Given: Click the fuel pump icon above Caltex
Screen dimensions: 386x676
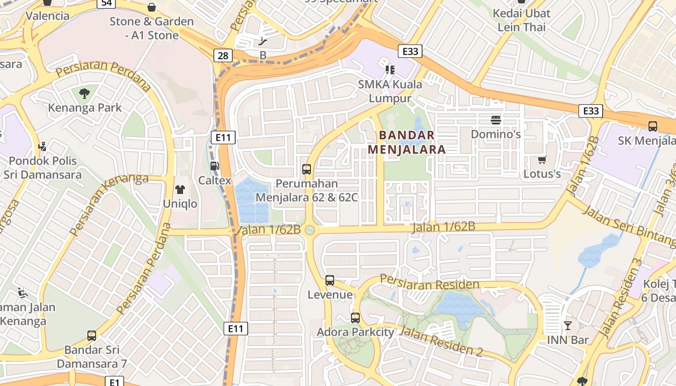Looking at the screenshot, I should pos(214,166).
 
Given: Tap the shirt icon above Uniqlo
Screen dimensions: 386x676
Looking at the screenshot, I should pos(180,189).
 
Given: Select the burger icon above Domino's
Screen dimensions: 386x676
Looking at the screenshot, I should pos(496,120).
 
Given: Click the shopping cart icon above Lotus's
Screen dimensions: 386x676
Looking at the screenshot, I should pos(542,160).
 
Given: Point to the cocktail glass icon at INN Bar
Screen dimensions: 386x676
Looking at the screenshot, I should pos(568,326).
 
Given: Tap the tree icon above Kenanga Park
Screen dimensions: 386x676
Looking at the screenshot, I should pos(84,93).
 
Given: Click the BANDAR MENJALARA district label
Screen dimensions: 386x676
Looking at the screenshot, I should pos(407,142).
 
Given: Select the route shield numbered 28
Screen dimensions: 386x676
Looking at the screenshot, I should pos(223,55).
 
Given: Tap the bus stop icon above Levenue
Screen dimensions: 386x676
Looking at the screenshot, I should pos(330,280).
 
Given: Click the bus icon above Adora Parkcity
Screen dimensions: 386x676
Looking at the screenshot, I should pos(355,317).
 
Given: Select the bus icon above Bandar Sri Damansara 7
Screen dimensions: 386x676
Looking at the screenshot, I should pos(92,335).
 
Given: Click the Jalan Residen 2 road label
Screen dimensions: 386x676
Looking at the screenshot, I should pos(441,341).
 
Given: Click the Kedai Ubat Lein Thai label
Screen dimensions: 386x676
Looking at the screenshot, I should pos(521,20).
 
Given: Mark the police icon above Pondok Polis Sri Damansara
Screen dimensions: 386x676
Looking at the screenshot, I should pos(42,146).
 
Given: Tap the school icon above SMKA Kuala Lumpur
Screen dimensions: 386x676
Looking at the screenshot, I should pos(390,70).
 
